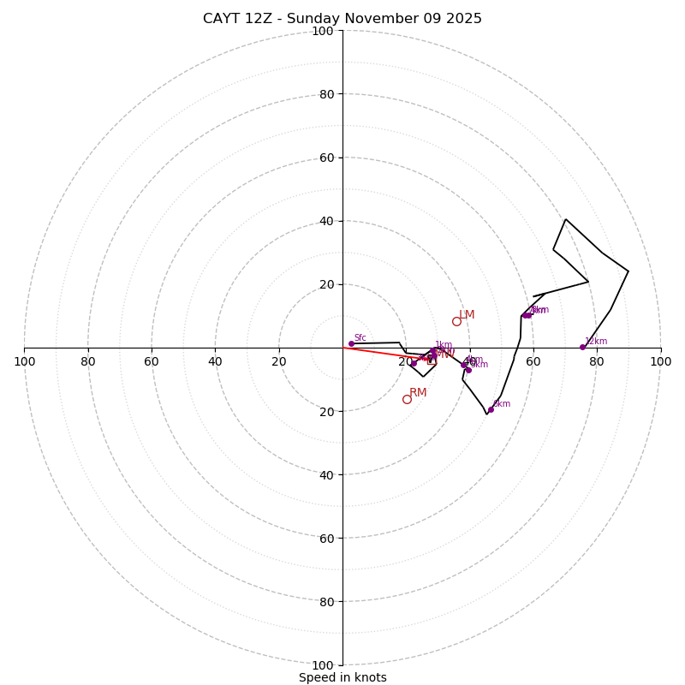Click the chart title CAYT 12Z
pyautogui.click(x=342, y=19)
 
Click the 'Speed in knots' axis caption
pyautogui.click(x=342, y=677)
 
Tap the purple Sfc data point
pyautogui.click(x=351, y=343)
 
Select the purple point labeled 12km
pyautogui.click(x=582, y=347)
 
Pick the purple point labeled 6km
pyautogui.click(x=468, y=370)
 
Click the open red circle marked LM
pyautogui.click(x=456, y=321)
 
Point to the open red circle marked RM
pyautogui.click(x=407, y=399)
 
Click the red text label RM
pyautogui.click(x=418, y=393)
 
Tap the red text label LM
pyautogui.click(x=467, y=315)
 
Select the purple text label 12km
pyautogui.click(x=596, y=341)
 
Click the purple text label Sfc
pyautogui.click(x=360, y=337)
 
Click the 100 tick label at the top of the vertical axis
pyautogui.click(x=323, y=31)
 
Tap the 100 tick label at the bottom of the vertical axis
pyautogui.click(x=323, y=665)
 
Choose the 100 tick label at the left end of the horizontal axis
pyautogui.click(x=25, y=361)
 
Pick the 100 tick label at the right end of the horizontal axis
pyautogui.click(x=660, y=361)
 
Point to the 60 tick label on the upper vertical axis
pyautogui.click(x=326, y=158)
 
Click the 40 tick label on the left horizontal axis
pyautogui.click(x=215, y=361)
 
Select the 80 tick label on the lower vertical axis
pyautogui.click(x=326, y=602)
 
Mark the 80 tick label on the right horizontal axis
pyautogui.click(x=597, y=361)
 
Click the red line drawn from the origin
pyautogui.click(x=377, y=352)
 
